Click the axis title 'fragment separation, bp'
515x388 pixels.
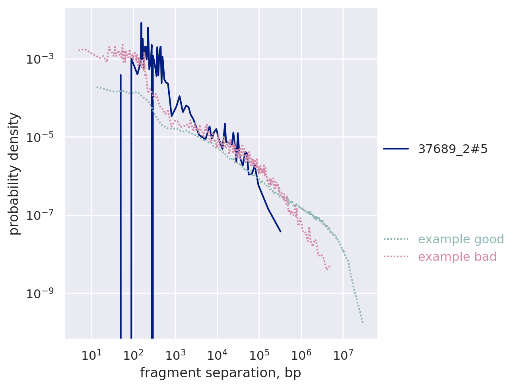tap(221, 373)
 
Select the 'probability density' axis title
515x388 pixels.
tap(14, 173)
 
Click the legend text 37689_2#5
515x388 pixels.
tap(453, 149)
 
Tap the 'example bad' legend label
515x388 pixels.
tap(457, 257)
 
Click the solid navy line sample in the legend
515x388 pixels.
tap(396, 149)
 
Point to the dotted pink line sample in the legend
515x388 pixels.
tap(396, 257)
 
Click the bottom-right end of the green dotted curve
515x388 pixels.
tap(363, 322)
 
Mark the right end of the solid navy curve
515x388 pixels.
tap(280, 231)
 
